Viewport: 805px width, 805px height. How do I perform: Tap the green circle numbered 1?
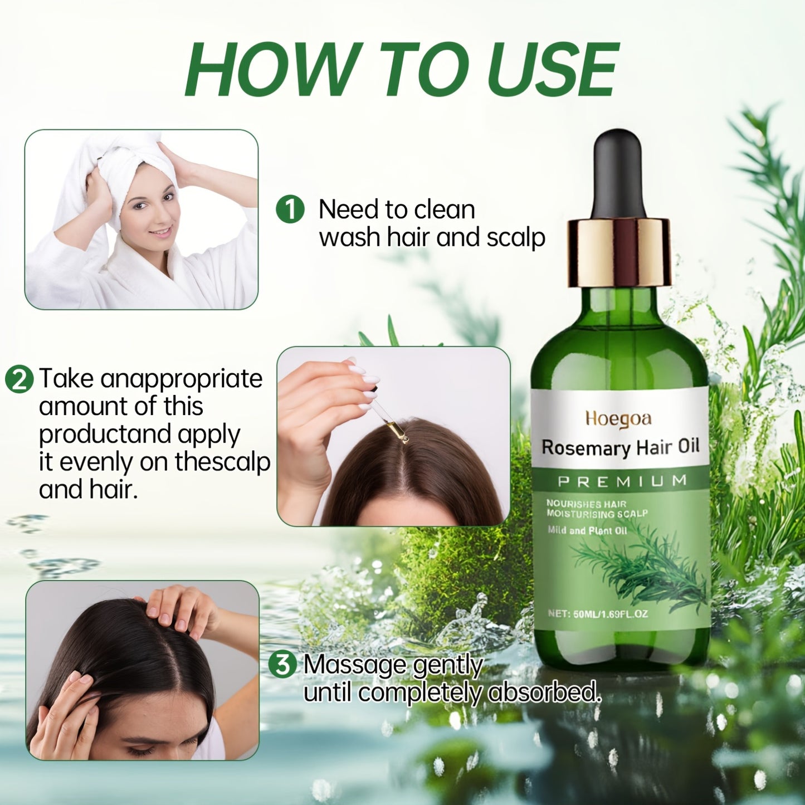[290, 209]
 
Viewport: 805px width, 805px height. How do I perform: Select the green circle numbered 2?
[19, 379]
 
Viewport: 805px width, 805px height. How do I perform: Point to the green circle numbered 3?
[283, 665]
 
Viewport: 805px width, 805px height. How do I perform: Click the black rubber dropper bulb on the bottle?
[619, 173]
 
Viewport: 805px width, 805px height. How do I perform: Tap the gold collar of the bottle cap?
[619, 251]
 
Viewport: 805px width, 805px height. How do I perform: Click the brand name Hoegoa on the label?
[618, 419]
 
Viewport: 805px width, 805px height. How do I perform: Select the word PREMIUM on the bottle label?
[622, 481]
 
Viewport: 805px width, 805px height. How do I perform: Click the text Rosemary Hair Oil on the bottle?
[620, 448]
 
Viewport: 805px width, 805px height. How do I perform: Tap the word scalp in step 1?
[515, 238]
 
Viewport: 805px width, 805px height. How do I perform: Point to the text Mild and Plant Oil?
[587, 530]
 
